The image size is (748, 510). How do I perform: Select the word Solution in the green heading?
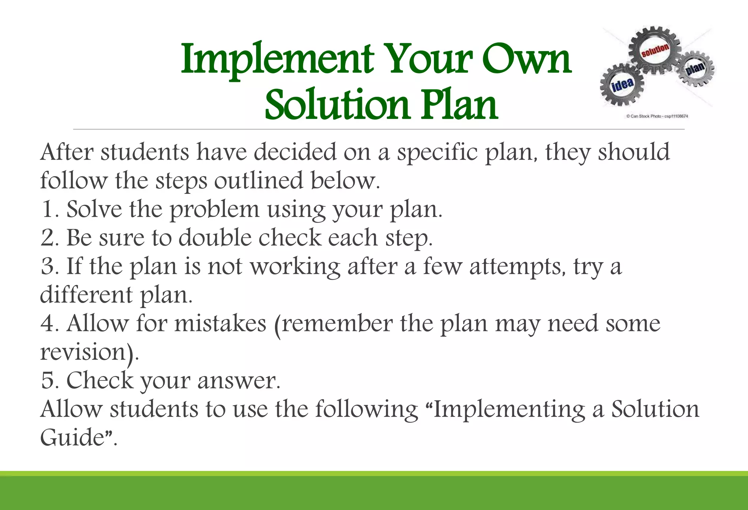(x=337, y=105)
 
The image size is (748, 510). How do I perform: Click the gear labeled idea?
(x=622, y=84)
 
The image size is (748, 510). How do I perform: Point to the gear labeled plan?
(x=695, y=69)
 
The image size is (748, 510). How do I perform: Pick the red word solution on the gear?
(x=655, y=50)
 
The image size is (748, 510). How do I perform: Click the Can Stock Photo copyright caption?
(x=657, y=116)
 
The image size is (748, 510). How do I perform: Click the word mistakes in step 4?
(x=220, y=323)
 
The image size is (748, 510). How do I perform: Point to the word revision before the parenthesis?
(x=83, y=352)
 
